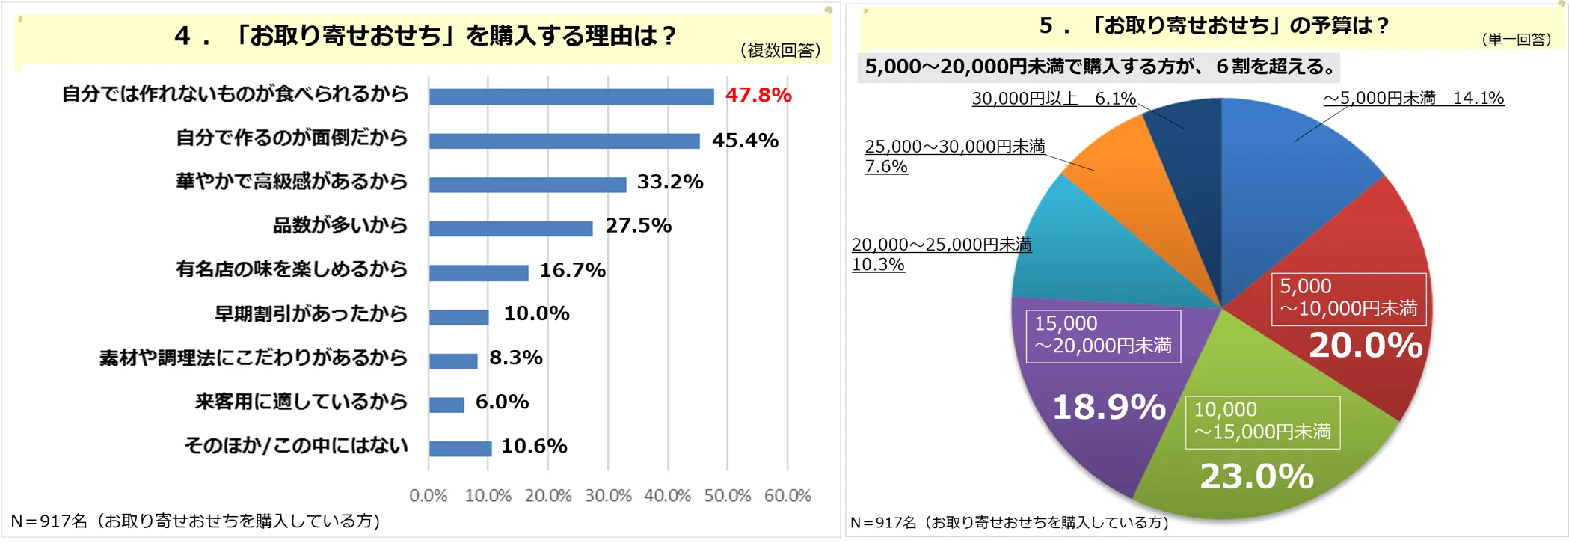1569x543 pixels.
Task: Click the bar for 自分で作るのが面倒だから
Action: tap(565, 141)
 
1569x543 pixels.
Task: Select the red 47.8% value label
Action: tap(758, 95)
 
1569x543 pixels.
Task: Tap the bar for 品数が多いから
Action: tap(511, 228)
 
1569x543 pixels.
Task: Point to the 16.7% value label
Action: tap(572, 270)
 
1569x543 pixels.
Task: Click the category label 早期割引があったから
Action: tap(311, 313)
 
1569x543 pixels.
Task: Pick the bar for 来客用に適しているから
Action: tap(447, 405)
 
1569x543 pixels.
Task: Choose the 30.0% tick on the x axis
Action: tap(608, 495)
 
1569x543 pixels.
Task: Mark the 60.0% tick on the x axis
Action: tap(787, 495)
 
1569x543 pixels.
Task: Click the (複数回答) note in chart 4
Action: tap(780, 50)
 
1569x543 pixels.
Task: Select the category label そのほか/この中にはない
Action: tap(296, 446)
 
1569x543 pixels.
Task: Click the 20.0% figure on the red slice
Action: tap(1366, 346)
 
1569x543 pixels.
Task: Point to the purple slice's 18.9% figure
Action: tap(1108, 408)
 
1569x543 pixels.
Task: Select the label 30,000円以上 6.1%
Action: tap(1054, 99)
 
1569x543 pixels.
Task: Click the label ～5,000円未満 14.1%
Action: tap(1413, 98)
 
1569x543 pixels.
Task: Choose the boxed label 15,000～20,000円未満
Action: tap(1103, 335)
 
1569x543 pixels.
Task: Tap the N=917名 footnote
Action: tap(1009, 522)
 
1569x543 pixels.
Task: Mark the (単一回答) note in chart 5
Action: tap(1516, 40)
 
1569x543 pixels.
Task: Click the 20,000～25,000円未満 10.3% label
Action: tap(941, 254)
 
